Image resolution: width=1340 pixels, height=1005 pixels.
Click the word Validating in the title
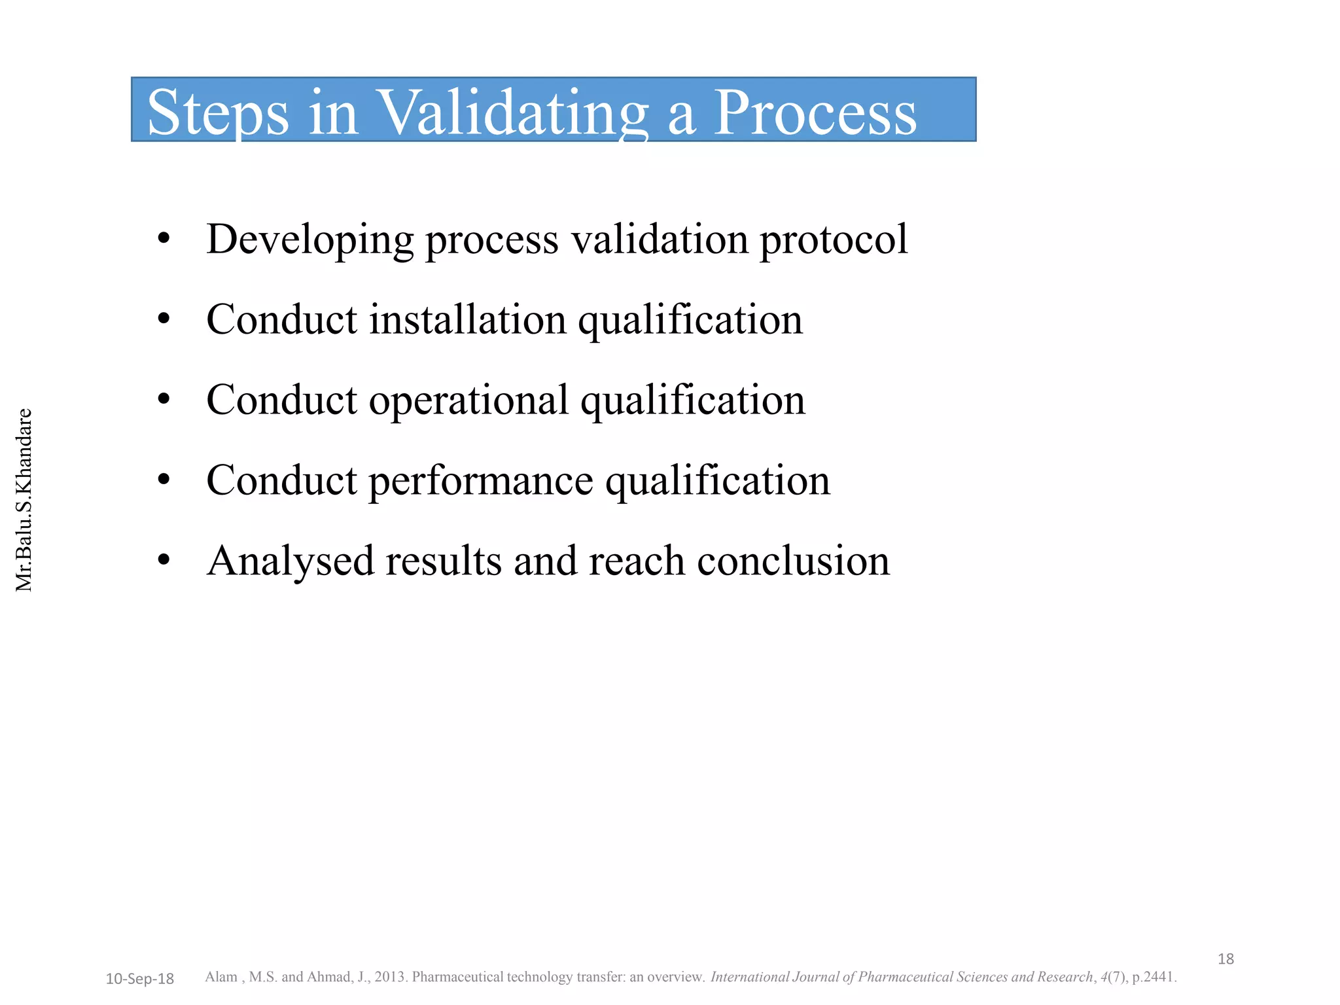[x=514, y=113]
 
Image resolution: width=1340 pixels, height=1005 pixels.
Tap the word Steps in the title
[x=218, y=113]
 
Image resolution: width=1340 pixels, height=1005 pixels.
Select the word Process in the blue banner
[x=815, y=113]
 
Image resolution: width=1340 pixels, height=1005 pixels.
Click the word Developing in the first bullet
[x=309, y=240]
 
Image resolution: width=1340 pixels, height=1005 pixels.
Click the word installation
[x=467, y=320]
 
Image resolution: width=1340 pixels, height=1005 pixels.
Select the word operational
[x=468, y=400]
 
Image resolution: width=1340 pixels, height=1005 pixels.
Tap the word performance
[x=481, y=481]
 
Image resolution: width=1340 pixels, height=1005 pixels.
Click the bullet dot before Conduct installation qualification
[x=164, y=320]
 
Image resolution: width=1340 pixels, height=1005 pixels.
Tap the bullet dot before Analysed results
[x=164, y=561]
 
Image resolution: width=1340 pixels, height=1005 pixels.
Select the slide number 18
[x=1225, y=959]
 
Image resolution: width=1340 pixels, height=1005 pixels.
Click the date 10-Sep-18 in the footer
[x=139, y=979]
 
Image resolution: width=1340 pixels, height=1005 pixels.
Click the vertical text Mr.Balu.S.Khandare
[x=24, y=500]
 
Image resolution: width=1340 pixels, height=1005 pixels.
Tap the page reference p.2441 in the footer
[x=1154, y=977]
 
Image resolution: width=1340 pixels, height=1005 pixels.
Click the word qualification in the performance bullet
[x=717, y=481]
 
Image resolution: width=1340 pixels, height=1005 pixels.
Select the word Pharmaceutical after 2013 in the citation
[x=458, y=977]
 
